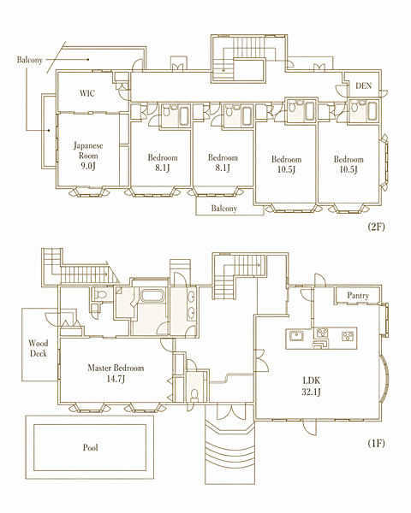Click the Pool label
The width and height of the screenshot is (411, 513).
tap(90, 447)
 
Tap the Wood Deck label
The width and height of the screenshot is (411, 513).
tap(38, 348)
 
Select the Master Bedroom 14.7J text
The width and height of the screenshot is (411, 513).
tap(116, 374)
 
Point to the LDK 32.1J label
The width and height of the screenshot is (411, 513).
tap(311, 386)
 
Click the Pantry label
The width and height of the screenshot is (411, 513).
tap(358, 296)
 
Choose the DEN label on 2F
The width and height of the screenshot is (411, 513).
tap(363, 85)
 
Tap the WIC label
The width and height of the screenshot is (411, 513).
tap(87, 93)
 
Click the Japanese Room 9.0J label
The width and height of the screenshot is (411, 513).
tap(88, 156)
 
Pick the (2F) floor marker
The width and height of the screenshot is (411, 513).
tap(376, 227)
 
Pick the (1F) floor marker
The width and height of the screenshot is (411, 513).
tap(376, 443)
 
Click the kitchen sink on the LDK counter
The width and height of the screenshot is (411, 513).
tap(296, 336)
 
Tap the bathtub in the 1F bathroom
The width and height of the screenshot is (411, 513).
tap(154, 296)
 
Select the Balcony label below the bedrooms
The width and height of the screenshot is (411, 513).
tap(223, 209)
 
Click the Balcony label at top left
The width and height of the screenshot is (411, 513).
tap(30, 60)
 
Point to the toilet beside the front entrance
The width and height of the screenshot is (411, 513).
tap(194, 395)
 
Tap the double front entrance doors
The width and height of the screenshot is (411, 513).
tap(231, 413)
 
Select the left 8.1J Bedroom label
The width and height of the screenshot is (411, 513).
tap(163, 162)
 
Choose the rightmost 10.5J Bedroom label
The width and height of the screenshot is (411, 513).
tap(348, 164)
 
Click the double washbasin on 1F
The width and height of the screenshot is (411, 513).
tap(191, 304)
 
